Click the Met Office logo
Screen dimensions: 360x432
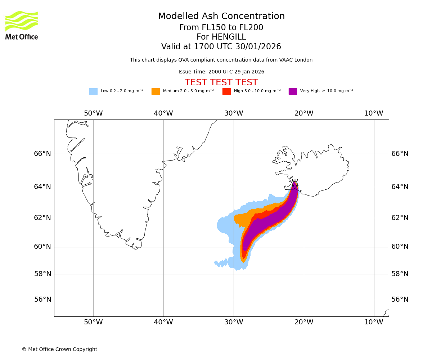[x=22, y=25]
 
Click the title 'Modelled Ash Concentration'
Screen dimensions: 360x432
[x=221, y=17]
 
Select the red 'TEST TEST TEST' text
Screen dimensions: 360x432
[x=221, y=82]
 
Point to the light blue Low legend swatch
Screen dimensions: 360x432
[x=93, y=91]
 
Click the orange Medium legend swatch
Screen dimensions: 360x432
[x=156, y=91]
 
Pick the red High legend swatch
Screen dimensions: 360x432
[x=226, y=91]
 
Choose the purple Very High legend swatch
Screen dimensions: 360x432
[x=293, y=91]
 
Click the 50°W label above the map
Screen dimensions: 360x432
[x=93, y=113]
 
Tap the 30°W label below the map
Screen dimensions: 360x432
[x=234, y=322]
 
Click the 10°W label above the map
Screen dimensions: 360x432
[x=374, y=113]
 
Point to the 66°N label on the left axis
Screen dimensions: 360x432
[x=42, y=154]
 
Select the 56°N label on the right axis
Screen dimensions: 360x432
[x=400, y=300]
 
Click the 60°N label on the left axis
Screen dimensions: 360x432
[x=42, y=247]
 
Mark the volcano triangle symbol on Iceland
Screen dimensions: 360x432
[x=295, y=184]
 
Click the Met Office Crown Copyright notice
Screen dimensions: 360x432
[x=59, y=349]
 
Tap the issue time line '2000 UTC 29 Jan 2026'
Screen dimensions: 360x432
[x=221, y=72]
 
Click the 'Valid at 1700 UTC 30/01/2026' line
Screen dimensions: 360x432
[x=221, y=47]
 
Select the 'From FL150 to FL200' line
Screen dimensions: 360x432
[x=221, y=28]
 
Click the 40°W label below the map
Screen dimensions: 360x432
[x=163, y=322]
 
